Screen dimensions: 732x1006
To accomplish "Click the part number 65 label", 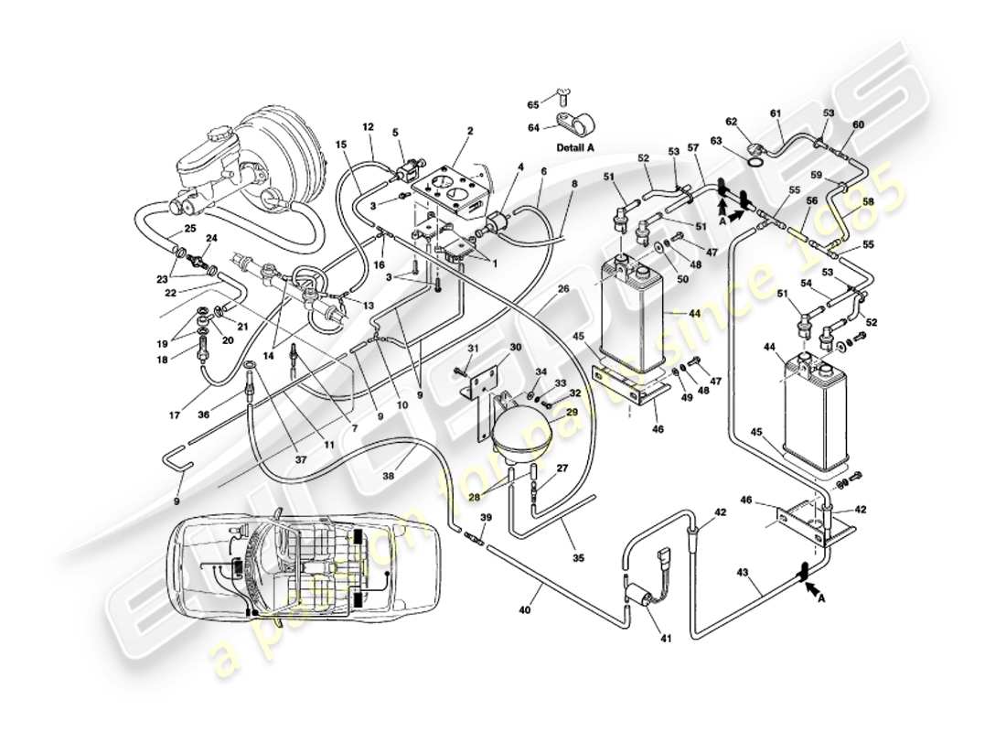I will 533,106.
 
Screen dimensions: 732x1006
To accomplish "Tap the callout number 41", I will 665,638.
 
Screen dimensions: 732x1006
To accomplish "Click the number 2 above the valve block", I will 469,131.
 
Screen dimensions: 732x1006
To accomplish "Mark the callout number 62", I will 732,121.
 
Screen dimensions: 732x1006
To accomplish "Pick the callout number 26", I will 563,290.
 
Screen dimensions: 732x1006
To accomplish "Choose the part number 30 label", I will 515,348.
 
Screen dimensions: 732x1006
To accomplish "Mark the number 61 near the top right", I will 776,113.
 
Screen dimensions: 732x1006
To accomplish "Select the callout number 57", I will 692,147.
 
